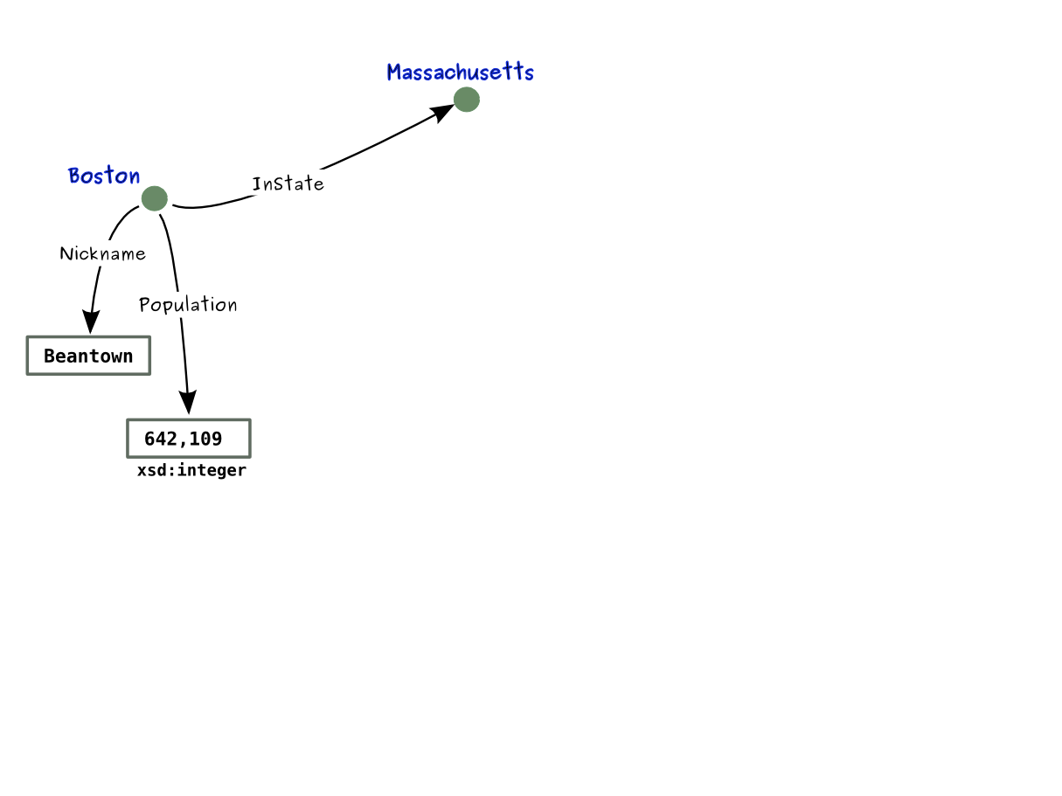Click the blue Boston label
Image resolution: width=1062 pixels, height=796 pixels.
(104, 176)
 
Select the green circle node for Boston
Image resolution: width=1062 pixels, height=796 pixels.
(154, 198)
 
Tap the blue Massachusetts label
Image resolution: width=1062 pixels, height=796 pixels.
(460, 72)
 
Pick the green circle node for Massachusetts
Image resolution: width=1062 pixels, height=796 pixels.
(467, 100)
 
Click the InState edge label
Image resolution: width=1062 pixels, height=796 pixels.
(288, 183)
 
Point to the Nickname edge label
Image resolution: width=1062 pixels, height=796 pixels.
(102, 253)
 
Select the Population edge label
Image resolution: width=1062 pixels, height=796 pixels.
(188, 304)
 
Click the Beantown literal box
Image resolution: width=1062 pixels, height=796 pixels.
(88, 356)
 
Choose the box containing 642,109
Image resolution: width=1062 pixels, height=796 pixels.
(189, 439)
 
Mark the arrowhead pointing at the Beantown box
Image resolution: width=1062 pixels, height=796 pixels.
(89, 322)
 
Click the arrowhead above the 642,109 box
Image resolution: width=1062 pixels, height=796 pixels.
(188, 402)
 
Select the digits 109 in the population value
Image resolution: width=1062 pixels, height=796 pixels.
(207, 439)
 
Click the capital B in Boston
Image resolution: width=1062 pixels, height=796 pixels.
(74, 176)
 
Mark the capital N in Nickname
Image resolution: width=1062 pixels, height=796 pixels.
(66, 253)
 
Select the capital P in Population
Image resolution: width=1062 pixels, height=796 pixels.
(145, 305)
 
